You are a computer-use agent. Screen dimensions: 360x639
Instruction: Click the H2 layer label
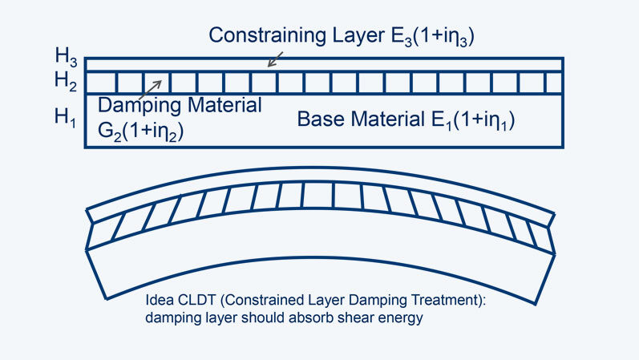[x=66, y=79]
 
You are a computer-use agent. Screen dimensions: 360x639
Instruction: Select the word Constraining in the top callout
[x=260, y=35]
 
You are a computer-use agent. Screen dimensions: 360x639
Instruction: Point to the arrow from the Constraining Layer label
[x=275, y=58]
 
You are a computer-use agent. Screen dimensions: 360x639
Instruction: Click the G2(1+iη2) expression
[x=141, y=132]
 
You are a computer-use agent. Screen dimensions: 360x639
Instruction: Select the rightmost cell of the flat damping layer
[x=554, y=82]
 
